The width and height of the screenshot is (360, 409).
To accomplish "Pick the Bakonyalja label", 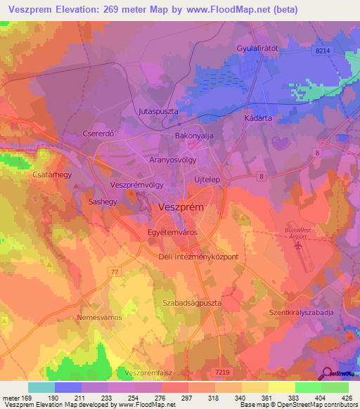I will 193,135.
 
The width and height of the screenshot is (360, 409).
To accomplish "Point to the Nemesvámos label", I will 99,318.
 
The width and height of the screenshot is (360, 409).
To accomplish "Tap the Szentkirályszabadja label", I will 307,311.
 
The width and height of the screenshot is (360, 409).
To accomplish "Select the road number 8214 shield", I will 323,51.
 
